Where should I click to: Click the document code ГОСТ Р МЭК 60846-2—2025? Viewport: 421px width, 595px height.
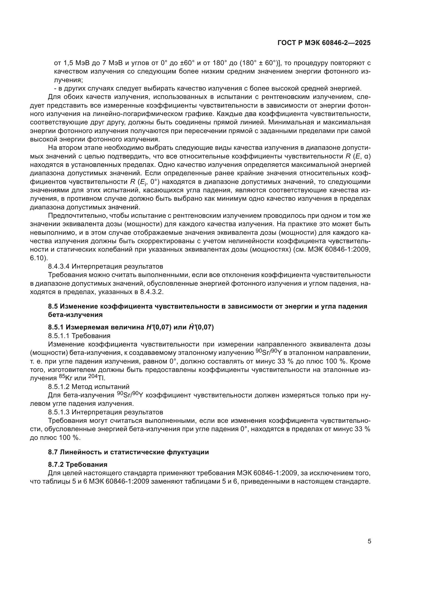[x=324, y=43]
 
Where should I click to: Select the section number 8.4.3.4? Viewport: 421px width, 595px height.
[x=59, y=266]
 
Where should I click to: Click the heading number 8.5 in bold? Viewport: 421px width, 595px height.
[x=53, y=306]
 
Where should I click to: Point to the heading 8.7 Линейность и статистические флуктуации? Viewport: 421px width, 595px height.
[x=128, y=452]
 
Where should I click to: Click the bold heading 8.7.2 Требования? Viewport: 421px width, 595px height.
[x=78, y=465]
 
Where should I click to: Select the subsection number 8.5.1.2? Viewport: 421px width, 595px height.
[x=59, y=387]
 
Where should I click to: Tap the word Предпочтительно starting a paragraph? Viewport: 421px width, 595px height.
[x=75, y=216]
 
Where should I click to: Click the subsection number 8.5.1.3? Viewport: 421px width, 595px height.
[x=59, y=412]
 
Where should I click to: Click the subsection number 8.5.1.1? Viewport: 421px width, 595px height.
[x=59, y=336]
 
